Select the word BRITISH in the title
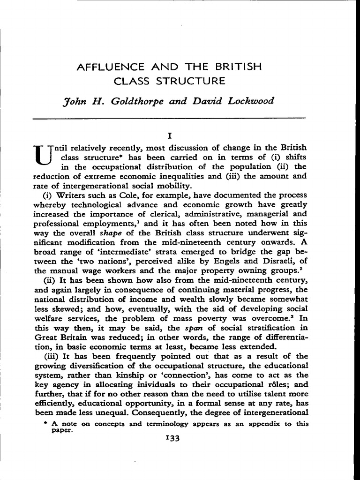[237, 67]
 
